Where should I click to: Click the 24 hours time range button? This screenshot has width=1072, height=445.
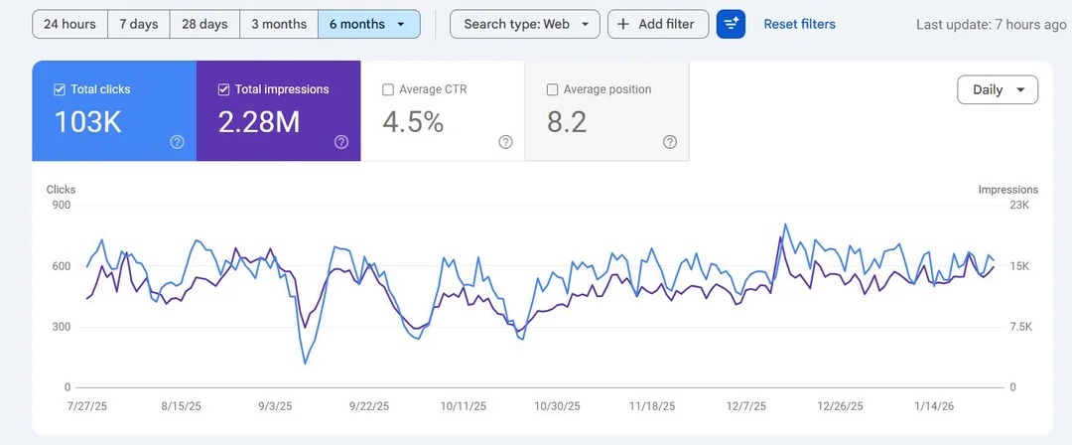pos(69,24)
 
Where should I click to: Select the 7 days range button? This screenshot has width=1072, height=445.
pos(138,24)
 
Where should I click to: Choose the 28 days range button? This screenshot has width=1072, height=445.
pos(203,24)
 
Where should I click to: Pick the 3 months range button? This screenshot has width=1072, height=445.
pos(278,24)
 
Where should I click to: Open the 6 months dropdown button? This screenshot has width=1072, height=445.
pos(368,24)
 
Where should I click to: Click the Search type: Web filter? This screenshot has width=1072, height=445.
pos(524,24)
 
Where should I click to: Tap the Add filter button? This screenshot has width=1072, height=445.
pos(657,24)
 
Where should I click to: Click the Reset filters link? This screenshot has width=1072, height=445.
pos(799,24)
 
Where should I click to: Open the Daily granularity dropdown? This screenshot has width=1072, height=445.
pos(997,89)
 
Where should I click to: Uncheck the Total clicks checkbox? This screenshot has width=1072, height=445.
pos(60,89)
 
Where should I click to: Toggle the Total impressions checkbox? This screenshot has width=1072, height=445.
pos(223,89)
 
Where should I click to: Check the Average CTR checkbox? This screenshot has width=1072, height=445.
pos(388,89)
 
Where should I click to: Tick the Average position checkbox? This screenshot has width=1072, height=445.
pos(553,89)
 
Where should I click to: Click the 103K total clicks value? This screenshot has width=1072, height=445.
pos(87,122)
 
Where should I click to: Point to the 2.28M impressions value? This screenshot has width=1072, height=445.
pos(258,122)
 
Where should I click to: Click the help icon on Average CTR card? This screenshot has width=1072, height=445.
pos(505,142)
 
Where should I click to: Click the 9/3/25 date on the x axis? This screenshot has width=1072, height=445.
pos(274,406)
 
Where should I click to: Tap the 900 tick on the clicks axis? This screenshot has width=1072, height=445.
pos(61,206)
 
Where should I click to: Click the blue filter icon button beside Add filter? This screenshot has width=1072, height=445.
pos(731,24)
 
